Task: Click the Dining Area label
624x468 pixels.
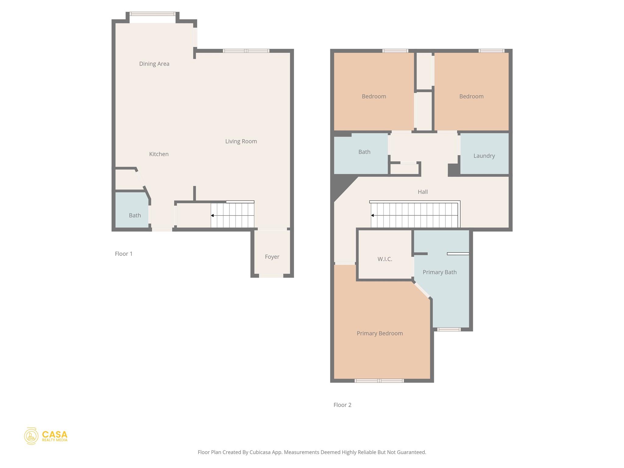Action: tap(154, 64)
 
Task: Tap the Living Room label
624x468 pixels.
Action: tap(241, 141)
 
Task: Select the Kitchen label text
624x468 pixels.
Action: tap(159, 154)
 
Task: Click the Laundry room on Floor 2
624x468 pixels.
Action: tap(484, 156)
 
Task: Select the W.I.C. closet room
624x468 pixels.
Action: tap(385, 259)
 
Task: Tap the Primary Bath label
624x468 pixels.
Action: tap(439, 272)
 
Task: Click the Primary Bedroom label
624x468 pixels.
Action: tap(380, 333)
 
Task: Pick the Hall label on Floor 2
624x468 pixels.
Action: tap(423, 192)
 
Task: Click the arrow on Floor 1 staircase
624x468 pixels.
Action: tap(212, 215)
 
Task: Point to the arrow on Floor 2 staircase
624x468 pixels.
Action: tap(372, 215)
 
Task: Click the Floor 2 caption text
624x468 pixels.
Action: tap(342, 405)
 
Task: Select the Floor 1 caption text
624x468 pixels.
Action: tap(123, 254)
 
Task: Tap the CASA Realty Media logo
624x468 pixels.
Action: tap(46, 436)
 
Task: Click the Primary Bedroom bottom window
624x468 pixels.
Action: tap(379, 381)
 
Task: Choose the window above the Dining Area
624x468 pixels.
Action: tap(153, 14)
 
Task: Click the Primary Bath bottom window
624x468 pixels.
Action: tap(449, 329)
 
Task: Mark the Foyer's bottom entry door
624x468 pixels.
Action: tap(271, 276)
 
